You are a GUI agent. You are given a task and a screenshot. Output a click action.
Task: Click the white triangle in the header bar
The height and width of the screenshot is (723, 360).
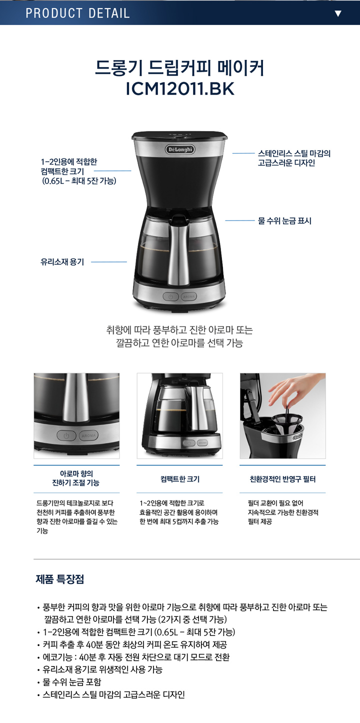point(338,13)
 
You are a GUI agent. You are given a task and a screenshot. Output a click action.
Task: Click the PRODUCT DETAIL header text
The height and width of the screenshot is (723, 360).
point(77,13)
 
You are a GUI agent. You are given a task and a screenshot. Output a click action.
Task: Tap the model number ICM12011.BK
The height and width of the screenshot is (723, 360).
point(180,88)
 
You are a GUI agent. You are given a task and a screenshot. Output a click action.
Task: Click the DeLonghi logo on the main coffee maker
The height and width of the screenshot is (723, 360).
point(180,149)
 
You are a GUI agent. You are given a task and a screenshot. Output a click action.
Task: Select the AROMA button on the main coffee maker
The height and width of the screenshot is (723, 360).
point(189,296)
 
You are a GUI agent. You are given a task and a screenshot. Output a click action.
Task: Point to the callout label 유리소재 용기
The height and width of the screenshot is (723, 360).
point(62,262)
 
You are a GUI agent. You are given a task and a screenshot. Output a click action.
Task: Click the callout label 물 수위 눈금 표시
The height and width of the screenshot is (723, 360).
point(285,221)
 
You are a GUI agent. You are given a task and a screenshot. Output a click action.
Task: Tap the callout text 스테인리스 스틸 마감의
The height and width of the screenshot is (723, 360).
point(294,153)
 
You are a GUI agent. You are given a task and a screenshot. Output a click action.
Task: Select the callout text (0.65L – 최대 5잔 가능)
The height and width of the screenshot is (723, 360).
point(79,181)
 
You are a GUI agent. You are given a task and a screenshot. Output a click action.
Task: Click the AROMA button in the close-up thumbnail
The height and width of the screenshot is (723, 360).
point(88,435)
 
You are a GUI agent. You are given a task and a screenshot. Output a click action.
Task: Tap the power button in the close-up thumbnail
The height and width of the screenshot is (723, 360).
point(66,435)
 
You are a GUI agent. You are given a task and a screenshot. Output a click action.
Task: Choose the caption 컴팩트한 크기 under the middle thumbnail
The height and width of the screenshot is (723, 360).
point(180,479)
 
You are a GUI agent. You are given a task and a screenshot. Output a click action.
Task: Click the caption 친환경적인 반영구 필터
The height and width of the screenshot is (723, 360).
point(282,479)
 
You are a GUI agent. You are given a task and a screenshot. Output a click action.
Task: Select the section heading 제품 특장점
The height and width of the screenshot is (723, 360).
point(59,579)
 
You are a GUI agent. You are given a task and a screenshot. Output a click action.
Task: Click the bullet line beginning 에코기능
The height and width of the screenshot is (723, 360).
point(136,657)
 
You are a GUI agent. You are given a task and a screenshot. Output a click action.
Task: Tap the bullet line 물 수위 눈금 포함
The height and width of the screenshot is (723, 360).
point(72,682)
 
